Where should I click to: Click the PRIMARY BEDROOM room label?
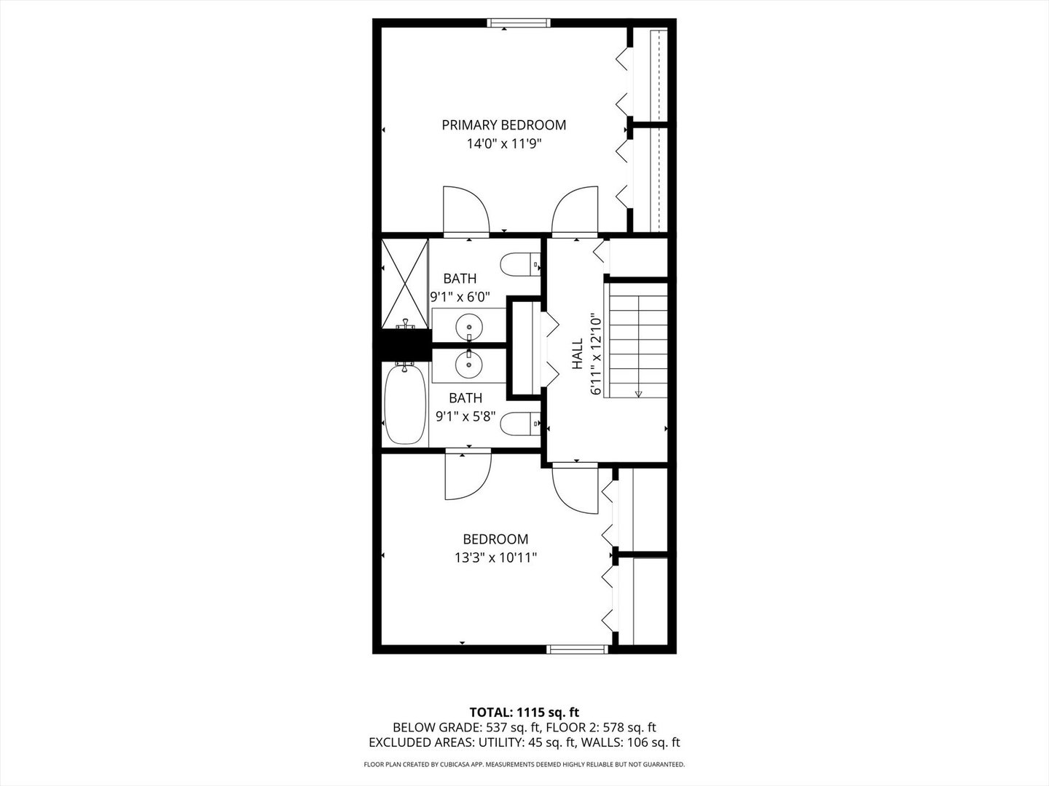[503, 125]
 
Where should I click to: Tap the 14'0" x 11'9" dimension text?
[503, 143]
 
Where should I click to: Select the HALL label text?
[578, 354]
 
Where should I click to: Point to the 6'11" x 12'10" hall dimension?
[595, 354]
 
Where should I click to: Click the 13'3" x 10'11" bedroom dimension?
[495, 557]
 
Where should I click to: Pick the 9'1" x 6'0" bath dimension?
[460, 298]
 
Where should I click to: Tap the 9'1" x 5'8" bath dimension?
[465, 416]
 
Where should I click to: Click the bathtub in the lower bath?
[405, 404]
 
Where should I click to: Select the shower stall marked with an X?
[405, 284]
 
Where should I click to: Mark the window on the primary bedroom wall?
[519, 23]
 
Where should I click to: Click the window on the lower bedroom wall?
[577, 649]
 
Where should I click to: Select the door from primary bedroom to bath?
[466, 211]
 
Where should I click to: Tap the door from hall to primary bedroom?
[575, 211]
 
